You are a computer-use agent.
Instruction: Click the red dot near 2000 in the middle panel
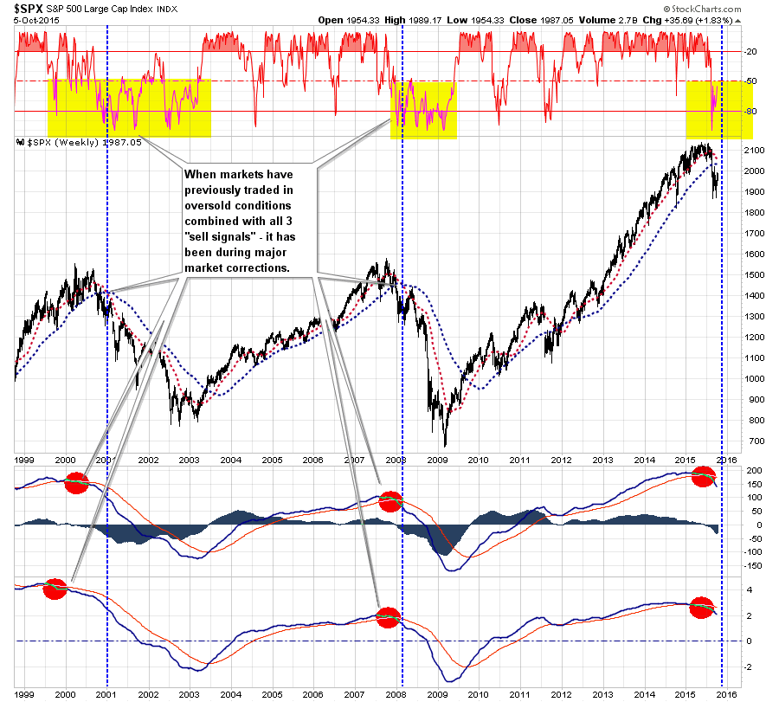click(x=76, y=482)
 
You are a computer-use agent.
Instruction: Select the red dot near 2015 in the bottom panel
click(x=702, y=608)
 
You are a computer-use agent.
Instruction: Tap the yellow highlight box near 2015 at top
click(x=718, y=110)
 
